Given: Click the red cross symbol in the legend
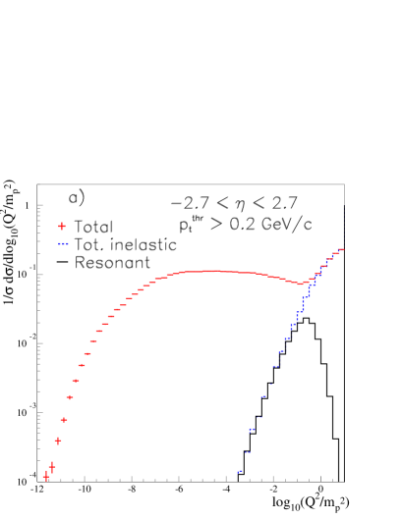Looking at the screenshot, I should coord(62,226).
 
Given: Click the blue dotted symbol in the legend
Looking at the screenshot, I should coord(63,243).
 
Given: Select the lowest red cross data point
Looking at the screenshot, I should coord(46,477).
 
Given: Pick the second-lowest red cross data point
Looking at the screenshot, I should coord(52,467).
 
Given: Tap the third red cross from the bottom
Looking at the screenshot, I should coord(58,441).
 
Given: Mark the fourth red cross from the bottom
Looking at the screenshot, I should coord(64,420).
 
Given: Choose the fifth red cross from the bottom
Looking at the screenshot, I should coord(70,397).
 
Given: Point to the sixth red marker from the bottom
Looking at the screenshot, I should coord(76,381).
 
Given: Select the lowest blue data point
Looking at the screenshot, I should coord(240,472).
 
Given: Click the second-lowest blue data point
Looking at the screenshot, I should coord(247,452).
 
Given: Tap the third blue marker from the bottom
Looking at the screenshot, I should coord(252,430).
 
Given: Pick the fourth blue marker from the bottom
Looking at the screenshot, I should coord(258,417).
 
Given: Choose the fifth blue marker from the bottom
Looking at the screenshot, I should coord(263,397).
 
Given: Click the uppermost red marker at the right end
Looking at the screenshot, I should coord(341,249).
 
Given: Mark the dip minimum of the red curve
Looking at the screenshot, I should coord(300,284).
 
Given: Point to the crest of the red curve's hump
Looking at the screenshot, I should coord(211,271).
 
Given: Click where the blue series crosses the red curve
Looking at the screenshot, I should coord(311,281).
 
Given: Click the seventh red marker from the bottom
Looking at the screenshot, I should coord(82,365).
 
